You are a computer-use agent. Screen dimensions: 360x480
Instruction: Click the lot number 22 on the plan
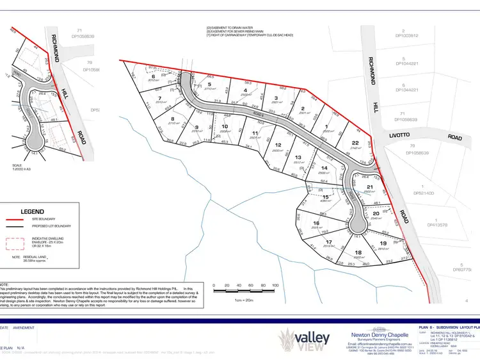[355, 143]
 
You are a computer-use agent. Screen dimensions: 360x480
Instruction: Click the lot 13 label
[297, 157]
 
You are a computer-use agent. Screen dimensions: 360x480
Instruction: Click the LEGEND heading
[32, 211]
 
